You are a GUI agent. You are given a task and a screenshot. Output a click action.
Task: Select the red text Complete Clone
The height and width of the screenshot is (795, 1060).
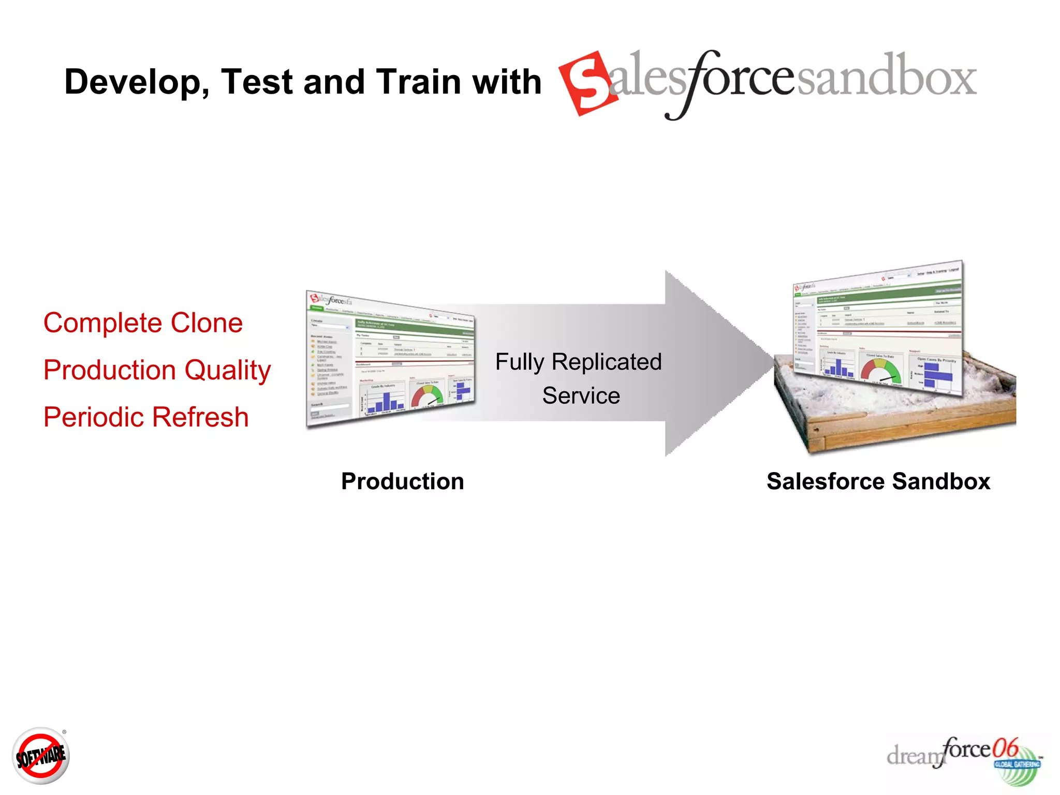pos(143,323)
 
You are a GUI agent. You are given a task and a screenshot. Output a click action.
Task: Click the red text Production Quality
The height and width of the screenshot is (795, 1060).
pos(157,370)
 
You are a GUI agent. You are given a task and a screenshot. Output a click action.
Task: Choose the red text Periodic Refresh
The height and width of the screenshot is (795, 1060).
pos(146,417)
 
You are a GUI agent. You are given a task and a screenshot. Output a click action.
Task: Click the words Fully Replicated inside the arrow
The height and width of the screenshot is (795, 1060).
pos(578,362)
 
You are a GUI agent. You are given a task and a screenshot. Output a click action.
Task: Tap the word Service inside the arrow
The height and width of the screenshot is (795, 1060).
pos(581,396)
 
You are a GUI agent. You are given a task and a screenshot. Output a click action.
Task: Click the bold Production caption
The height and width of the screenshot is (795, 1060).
pos(402,481)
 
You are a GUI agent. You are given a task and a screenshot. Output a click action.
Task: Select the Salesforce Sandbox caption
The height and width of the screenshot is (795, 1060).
pos(878,481)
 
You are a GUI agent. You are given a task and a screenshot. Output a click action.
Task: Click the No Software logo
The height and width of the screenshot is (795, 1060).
pos(40,756)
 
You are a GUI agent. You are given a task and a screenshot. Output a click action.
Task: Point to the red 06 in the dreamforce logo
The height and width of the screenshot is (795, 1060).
pos(1005,748)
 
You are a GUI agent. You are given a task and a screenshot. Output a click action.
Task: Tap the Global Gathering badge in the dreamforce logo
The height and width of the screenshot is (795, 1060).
pos(1017,764)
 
